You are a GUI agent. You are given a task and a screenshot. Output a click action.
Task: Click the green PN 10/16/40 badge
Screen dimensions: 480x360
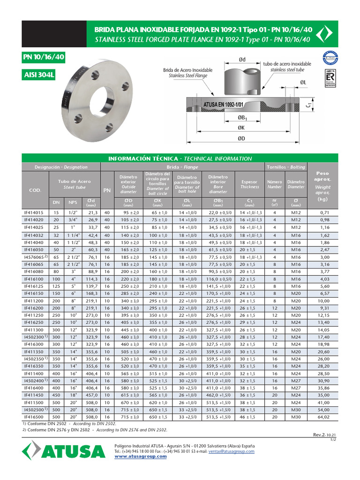[x=44, y=58]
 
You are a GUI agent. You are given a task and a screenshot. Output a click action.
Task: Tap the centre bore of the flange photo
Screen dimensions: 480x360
[x=102, y=99]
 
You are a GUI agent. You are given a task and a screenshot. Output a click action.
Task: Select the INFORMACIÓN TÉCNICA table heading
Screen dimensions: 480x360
[x=180, y=158]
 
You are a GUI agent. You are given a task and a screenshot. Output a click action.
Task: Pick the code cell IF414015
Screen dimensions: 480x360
[x=34, y=212]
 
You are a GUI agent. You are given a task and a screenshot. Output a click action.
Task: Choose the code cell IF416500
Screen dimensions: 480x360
[x=34, y=417]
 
